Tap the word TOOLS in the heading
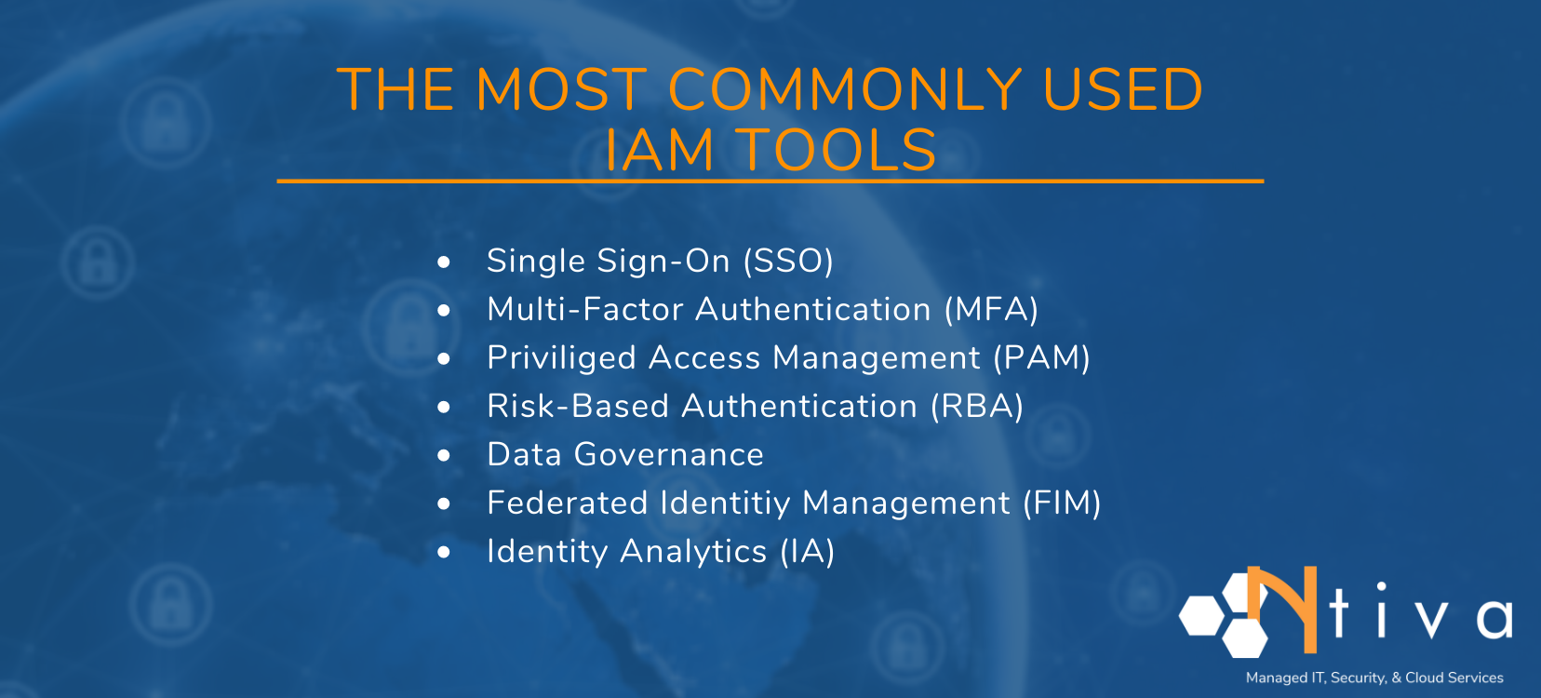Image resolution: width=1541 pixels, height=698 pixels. pyautogui.click(x=837, y=151)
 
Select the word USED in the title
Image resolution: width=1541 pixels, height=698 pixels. pyautogui.click(x=1122, y=90)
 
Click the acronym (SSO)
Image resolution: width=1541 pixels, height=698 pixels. pyautogui.click(x=788, y=262)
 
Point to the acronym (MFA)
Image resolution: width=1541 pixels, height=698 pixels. pyautogui.click(x=991, y=310)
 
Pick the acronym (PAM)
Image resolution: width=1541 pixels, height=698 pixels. pyautogui.click(x=1041, y=358)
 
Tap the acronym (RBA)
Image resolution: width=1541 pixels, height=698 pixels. pyautogui.click(x=977, y=407)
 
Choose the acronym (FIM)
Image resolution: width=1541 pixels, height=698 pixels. pyautogui.click(x=1062, y=503)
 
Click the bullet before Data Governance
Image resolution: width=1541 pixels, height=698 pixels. pyautogui.click(x=444, y=456)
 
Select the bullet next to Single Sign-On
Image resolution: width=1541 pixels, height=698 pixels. pyautogui.click(x=444, y=262)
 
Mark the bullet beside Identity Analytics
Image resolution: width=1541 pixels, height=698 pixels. pyautogui.click(x=444, y=553)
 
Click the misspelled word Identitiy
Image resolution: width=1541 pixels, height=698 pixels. pyautogui.click(x=725, y=503)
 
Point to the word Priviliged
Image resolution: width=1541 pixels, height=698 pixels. pyautogui.click(x=560, y=358)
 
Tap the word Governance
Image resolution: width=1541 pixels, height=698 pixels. pyautogui.click(x=669, y=455)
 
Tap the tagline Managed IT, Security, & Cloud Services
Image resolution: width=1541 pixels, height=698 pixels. pyautogui.click(x=1374, y=678)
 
